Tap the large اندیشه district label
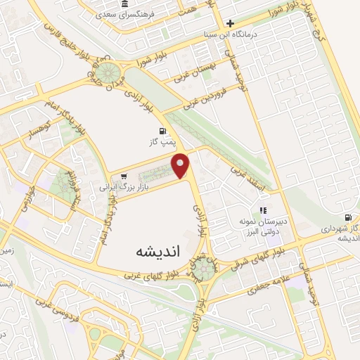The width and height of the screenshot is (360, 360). pos(150,251)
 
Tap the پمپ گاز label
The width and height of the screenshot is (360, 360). pos(165,143)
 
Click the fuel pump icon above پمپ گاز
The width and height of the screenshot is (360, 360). pos(164,131)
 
